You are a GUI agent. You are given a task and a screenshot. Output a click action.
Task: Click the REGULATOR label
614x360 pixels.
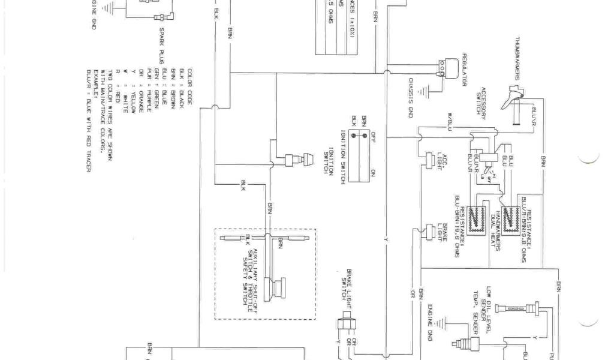[465, 70]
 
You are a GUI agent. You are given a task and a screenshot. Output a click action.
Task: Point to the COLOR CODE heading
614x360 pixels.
[189, 88]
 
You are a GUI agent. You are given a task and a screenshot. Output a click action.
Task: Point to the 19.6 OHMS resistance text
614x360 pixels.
[462, 228]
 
